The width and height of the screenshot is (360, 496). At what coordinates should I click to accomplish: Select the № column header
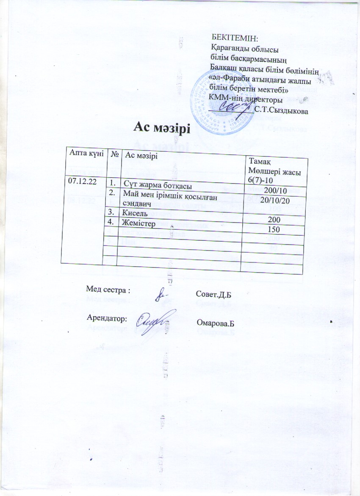[x=114, y=155]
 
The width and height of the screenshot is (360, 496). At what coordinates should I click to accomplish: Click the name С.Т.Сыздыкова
[x=281, y=111]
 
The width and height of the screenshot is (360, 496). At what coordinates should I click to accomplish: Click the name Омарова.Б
[x=216, y=324]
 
